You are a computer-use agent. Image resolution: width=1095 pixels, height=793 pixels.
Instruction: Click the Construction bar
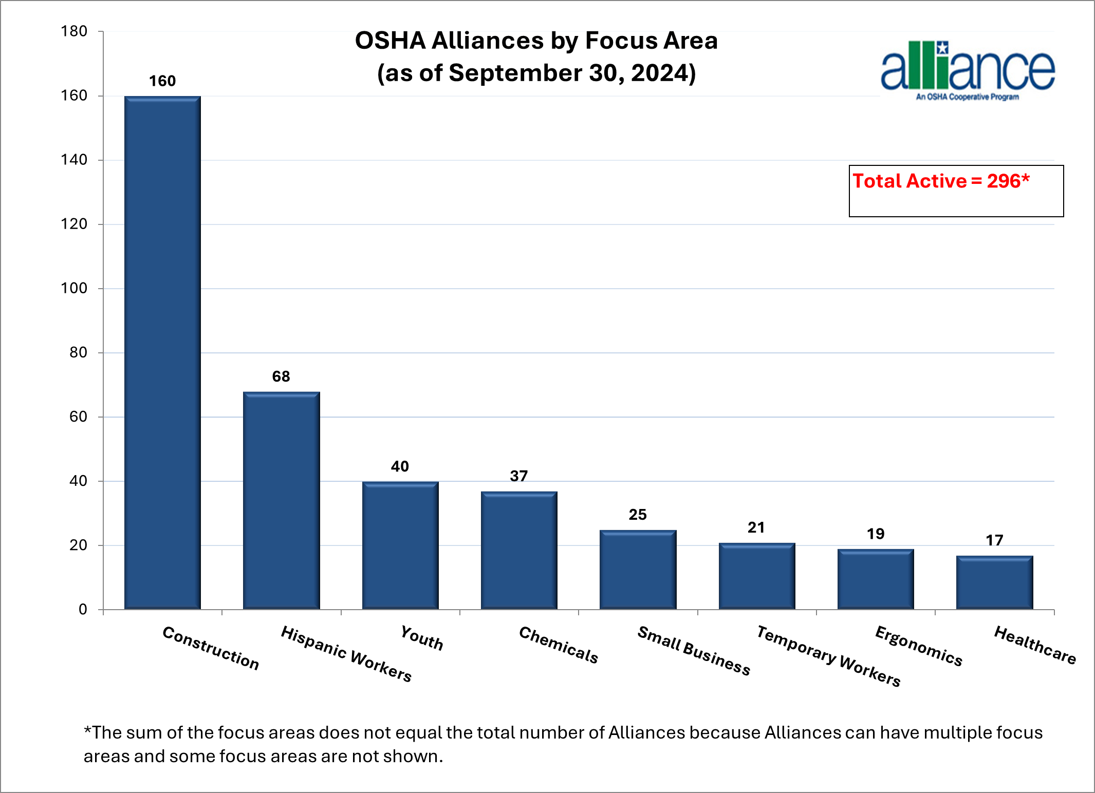click(162, 352)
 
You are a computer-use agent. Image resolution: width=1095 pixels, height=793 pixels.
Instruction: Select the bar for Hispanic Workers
click(281, 500)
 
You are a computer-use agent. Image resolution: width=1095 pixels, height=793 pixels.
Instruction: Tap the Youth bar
click(400, 545)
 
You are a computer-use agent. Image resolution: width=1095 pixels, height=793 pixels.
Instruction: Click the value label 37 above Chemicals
click(518, 476)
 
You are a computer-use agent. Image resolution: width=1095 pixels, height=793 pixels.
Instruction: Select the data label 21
click(756, 527)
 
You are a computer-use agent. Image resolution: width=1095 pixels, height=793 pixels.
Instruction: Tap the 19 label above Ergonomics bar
click(876, 534)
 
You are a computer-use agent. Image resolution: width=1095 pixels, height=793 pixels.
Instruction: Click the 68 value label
click(281, 376)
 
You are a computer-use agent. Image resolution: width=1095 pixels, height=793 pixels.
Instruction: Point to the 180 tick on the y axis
click(74, 31)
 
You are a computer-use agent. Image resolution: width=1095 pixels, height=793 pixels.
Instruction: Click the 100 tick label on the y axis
click(74, 288)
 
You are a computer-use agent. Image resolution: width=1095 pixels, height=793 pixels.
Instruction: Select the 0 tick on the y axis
click(83, 610)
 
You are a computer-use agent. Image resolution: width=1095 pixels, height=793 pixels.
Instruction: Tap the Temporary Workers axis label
click(828, 656)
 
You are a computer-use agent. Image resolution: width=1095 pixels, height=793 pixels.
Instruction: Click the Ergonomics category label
click(918, 646)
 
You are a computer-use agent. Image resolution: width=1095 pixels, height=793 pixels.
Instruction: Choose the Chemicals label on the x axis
click(559, 645)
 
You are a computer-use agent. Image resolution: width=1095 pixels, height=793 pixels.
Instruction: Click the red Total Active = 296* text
click(941, 181)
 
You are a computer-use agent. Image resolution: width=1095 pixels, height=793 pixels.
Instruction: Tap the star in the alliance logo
click(942, 48)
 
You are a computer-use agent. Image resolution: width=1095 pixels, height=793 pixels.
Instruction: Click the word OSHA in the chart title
click(390, 41)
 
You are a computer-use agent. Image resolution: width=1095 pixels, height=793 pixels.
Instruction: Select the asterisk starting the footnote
click(88, 730)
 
